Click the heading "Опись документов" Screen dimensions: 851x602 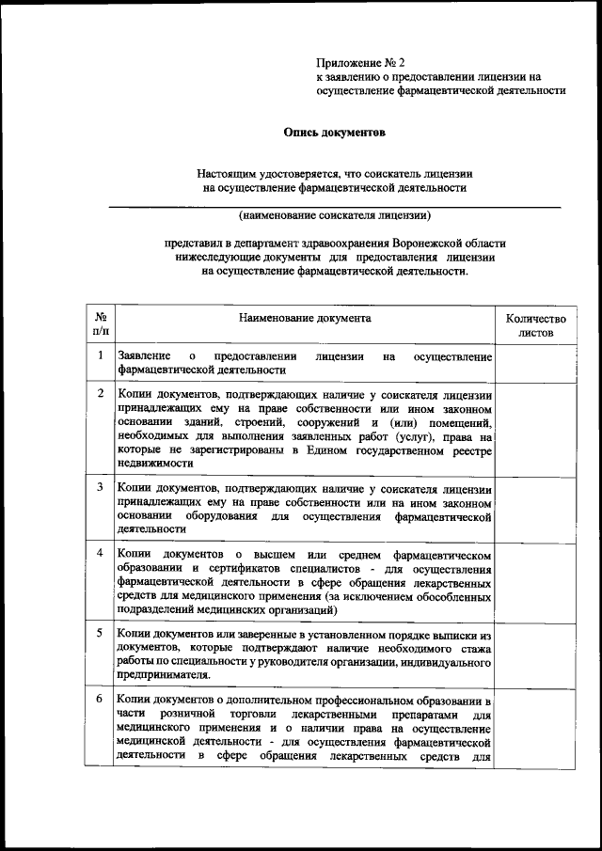(335, 133)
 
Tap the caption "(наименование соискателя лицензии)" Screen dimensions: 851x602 (335, 215)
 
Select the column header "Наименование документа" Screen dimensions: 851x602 (305, 318)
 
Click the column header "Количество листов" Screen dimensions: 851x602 (535, 325)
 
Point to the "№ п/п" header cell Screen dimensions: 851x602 (100, 325)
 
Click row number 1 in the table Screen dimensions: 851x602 (100, 355)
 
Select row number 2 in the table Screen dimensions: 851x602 (100, 391)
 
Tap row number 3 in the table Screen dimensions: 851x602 (100, 487)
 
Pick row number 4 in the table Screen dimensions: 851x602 (100, 550)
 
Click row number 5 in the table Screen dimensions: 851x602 (100, 633)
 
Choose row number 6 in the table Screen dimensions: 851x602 (100, 701)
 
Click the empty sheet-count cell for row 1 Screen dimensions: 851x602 (535, 363)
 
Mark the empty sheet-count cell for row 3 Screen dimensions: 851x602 (535, 508)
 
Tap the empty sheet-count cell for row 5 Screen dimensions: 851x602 (535, 654)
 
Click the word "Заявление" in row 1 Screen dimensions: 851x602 (144, 356)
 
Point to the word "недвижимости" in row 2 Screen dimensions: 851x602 (153, 464)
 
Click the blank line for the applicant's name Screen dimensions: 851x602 (335, 204)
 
